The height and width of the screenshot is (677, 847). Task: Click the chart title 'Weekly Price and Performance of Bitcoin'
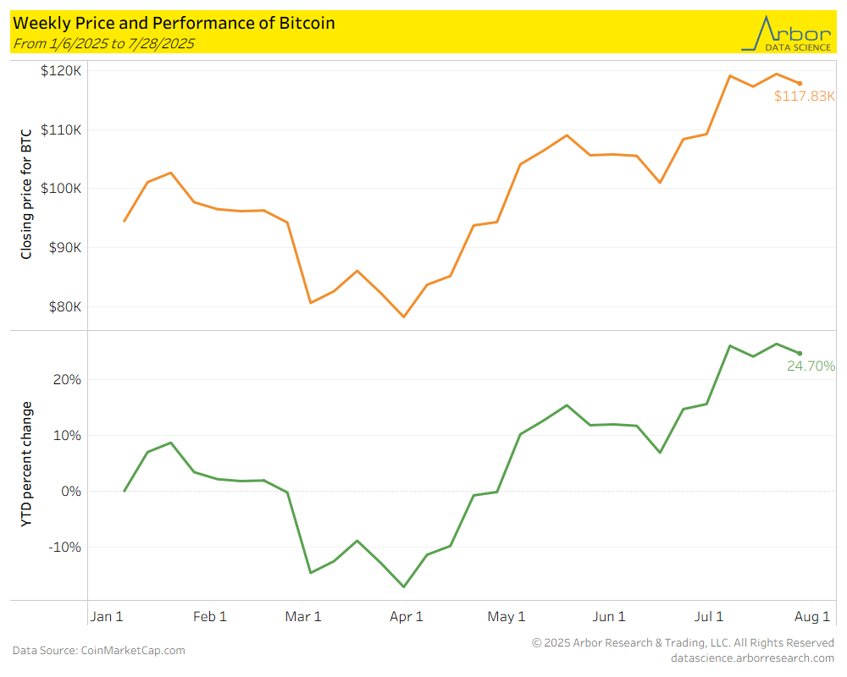point(174,23)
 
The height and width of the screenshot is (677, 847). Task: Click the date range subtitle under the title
point(103,43)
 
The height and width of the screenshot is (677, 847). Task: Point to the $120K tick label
point(61,71)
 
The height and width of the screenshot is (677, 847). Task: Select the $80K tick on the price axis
point(64,307)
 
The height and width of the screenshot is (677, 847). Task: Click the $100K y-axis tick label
point(61,189)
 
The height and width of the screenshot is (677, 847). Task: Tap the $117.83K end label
point(805,96)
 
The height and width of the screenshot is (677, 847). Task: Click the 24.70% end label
point(811,366)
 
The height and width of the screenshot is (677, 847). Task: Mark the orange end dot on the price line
point(800,83)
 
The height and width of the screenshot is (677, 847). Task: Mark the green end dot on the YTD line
point(800,353)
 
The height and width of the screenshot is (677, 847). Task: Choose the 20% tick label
point(67,380)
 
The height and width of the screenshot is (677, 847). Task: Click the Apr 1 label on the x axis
point(406,617)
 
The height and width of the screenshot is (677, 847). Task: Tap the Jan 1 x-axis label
point(106,617)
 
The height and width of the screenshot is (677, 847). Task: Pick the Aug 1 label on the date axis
point(811,617)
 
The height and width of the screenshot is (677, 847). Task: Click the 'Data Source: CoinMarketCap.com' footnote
point(98,651)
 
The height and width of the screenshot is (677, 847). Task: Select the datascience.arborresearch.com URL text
point(752,658)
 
